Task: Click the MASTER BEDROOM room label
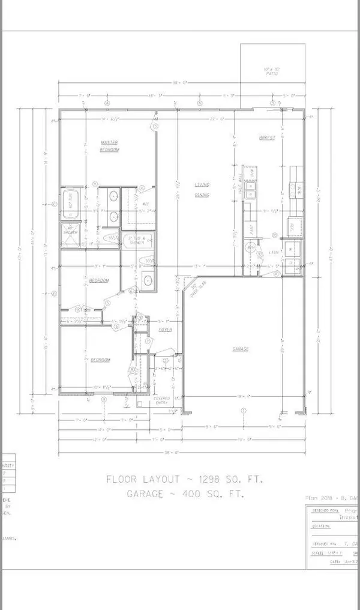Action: click(109, 146)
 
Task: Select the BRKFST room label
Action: click(267, 137)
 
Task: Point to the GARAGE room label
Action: click(241, 349)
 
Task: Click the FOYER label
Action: click(166, 330)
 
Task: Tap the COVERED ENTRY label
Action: click(161, 400)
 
